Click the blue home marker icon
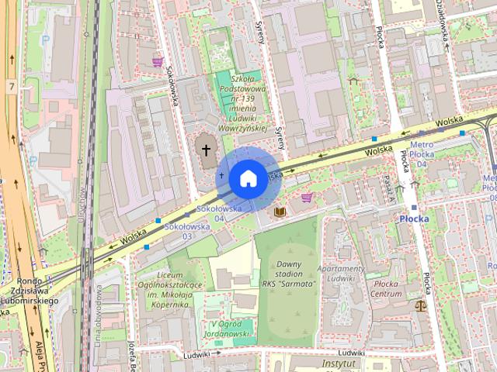coord(247,177)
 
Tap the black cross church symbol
coord(206,147)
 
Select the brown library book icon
coord(280,211)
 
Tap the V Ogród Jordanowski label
coord(232,329)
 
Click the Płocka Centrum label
coord(385,289)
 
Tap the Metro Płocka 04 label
coord(422,153)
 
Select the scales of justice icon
coord(421,305)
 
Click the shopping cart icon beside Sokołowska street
coord(158,62)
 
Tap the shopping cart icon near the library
coord(307,197)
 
